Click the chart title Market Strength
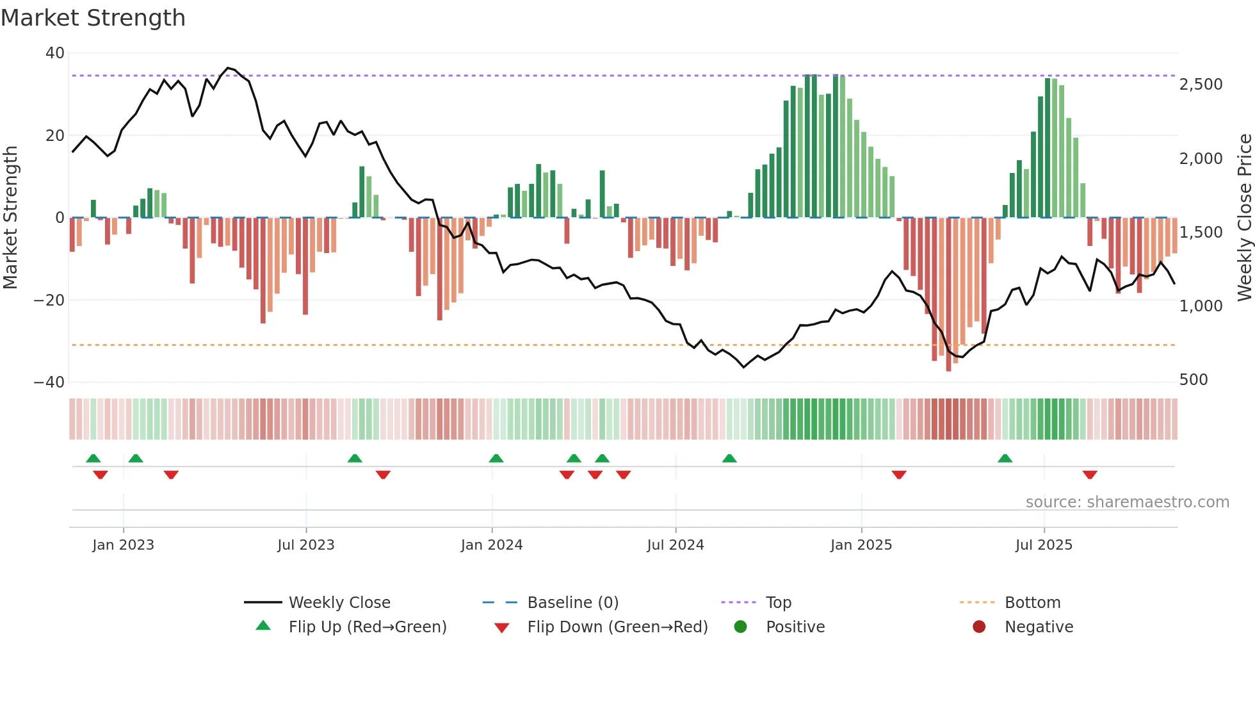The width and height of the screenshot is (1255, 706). pyautogui.click(x=93, y=18)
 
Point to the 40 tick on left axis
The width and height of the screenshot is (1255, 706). pyautogui.click(x=54, y=53)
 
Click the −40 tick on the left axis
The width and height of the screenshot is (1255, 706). pyautogui.click(x=49, y=382)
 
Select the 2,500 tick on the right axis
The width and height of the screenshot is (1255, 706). pyautogui.click(x=1201, y=85)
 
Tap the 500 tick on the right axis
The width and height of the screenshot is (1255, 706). pyautogui.click(x=1193, y=380)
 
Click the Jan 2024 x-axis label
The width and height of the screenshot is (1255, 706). pyautogui.click(x=491, y=545)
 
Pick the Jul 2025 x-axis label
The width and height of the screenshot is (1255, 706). pyautogui.click(x=1043, y=545)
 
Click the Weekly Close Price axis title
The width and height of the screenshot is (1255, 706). pyautogui.click(x=1244, y=217)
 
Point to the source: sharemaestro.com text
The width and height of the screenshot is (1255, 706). pyautogui.click(x=1127, y=502)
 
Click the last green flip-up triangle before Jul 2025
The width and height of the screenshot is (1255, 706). pyautogui.click(x=1005, y=458)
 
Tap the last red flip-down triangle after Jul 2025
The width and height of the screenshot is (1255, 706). pyautogui.click(x=1090, y=475)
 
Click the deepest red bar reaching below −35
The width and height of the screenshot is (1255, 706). pyautogui.click(x=948, y=295)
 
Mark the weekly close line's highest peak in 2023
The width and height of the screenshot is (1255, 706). pyautogui.click(x=228, y=67)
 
